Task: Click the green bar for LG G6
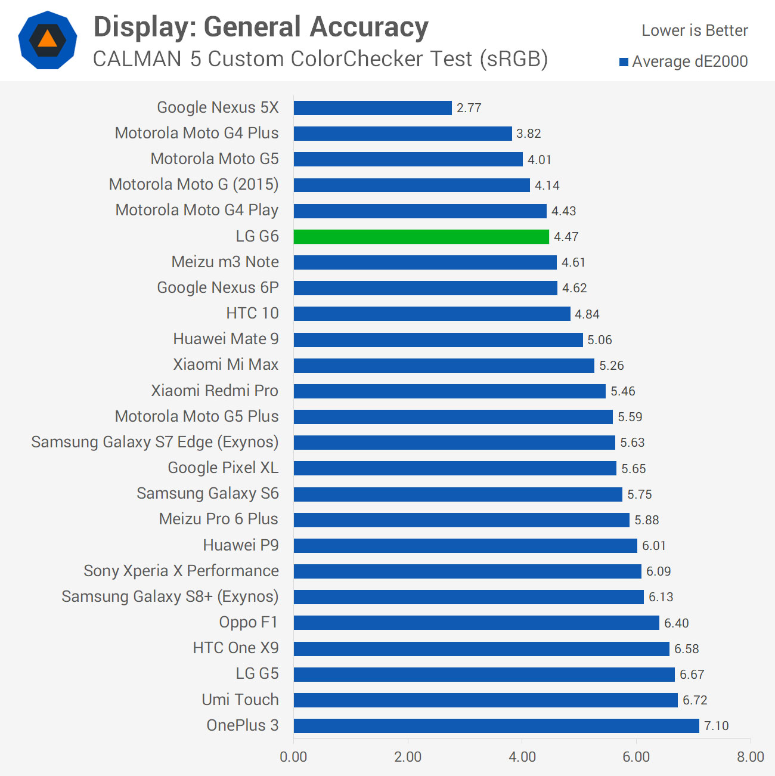tap(421, 237)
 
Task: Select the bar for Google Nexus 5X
tap(373, 108)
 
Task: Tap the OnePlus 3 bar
tap(496, 726)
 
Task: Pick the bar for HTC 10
tap(432, 314)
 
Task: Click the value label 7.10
tap(716, 726)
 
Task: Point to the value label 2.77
tap(469, 108)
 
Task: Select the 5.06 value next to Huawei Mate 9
tap(599, 340)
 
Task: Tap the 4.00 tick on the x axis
tap(522, 757)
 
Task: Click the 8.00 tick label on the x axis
tap(750, 757)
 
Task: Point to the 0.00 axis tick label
tap(293, 757)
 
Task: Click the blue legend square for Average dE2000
tap(624, 62)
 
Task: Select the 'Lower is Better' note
tap(695, 30)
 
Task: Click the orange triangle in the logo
tap(48, 40)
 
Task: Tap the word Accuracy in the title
tap(369, 27)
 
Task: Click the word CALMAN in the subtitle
tap(137, 59)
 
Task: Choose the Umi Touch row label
tap(240, 700)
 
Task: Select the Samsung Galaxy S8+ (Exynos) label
tap(170, 596)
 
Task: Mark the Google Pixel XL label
tap(223, 468)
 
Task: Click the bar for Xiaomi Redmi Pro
tap(449, 391)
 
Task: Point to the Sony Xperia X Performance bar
tap(467, 571)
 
